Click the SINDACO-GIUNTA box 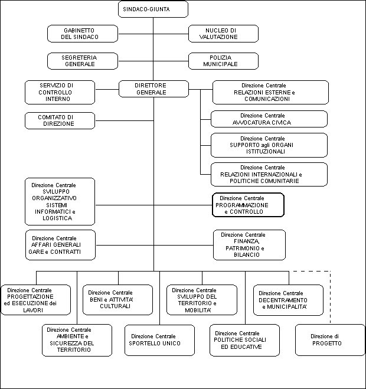153,9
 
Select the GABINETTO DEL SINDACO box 83,34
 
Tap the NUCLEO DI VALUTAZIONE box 223,34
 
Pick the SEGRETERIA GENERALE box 83,61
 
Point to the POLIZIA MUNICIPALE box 223,61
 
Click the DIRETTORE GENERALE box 153,89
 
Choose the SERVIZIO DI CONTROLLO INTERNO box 60,92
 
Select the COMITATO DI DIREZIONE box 60,121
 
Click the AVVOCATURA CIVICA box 269,119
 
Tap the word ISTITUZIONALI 265,152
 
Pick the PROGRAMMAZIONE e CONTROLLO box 248,205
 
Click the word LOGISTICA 57,218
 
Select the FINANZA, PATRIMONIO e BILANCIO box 249,245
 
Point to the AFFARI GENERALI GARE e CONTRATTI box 60,245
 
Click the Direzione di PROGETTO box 330,340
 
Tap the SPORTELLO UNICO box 159,340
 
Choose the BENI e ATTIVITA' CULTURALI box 117,300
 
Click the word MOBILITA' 198,310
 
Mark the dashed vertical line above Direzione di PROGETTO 330,298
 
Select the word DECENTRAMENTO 283,300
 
